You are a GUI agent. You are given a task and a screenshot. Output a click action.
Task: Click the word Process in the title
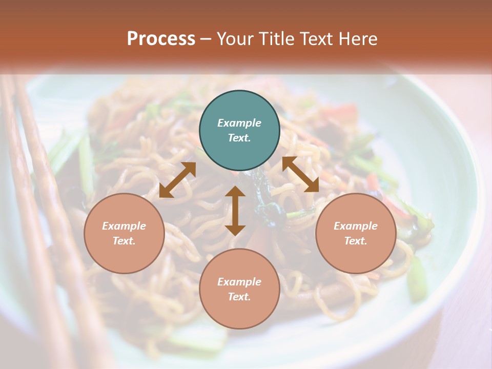161,39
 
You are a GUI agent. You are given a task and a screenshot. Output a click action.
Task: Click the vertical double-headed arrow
235,211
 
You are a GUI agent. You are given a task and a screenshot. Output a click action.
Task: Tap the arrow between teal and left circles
177,180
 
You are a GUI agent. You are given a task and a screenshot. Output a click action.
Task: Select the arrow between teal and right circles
300,174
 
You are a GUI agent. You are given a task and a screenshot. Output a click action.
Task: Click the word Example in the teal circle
239,123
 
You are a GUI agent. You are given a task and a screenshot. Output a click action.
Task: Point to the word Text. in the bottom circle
239,297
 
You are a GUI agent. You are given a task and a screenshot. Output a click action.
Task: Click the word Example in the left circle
124,226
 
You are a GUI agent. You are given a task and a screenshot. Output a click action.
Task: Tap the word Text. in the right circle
356,241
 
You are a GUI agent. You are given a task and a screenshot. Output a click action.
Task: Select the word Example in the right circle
356,226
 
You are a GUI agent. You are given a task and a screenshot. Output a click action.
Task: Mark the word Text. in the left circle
124,241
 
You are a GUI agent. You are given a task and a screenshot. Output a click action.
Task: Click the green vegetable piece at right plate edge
417,279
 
